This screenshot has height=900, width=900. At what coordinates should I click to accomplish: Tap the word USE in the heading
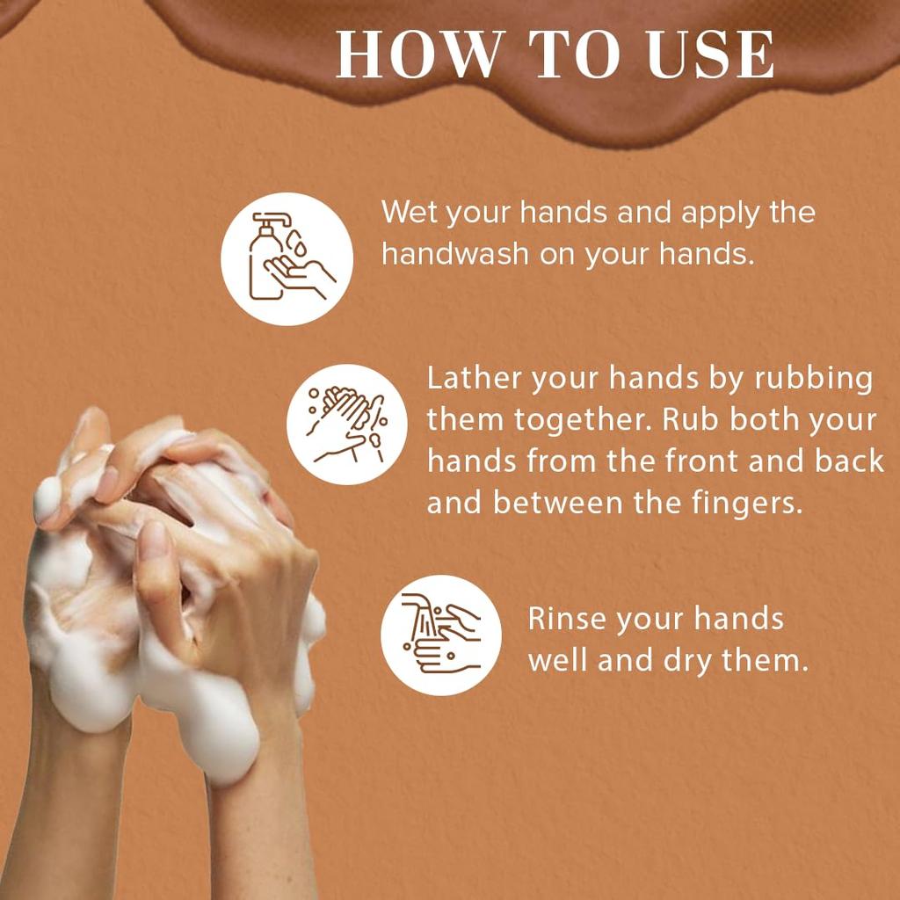[x=710, y=54]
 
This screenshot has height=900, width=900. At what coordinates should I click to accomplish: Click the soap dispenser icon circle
[x=287, y=259]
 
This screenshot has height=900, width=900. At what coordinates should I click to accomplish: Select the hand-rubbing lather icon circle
[x=346, y=425]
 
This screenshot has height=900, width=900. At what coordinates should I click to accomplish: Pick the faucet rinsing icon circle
[x=441, y=635]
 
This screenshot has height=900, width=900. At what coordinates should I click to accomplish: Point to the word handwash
[x=455, y=254]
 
